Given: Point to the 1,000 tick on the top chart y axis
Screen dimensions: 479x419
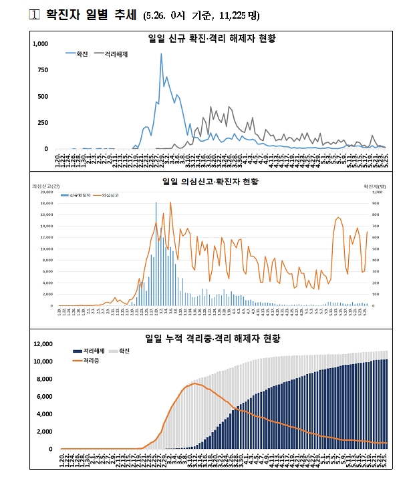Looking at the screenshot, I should (40, 44).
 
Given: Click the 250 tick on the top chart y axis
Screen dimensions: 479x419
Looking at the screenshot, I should (43, 122).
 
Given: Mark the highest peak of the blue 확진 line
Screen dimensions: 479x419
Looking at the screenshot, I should (161, 54).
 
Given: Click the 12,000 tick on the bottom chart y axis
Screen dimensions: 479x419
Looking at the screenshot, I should (43, 344).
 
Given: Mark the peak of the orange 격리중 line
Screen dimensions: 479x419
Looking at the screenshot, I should (194, 383).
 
